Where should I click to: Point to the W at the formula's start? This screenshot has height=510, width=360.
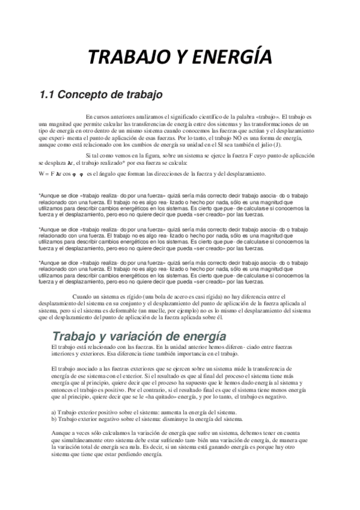coord(41,174)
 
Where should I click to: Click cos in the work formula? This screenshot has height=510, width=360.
coord(67,174)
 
